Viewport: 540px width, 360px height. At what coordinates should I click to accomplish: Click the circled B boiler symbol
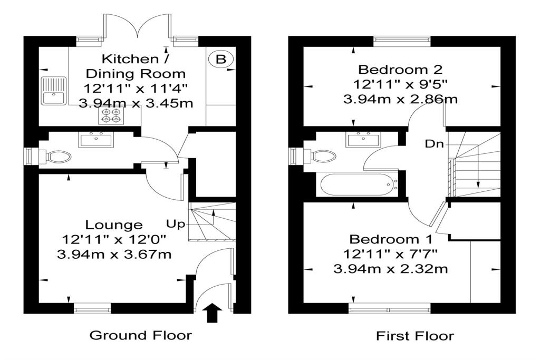[220, 60]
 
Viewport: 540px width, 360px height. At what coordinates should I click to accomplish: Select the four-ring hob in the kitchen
[109, 115]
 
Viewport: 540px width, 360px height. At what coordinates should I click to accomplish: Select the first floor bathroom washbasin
[363, 140]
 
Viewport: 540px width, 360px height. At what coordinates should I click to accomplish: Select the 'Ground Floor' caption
[140, 335]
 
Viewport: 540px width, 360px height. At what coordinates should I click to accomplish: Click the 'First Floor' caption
[414, 335]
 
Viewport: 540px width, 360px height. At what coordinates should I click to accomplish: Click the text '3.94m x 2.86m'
[400, 99]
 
